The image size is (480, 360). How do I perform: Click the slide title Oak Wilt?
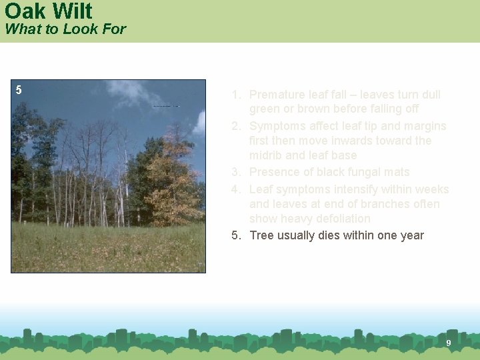coord(48,11)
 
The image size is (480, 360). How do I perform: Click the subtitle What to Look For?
coord(65,29)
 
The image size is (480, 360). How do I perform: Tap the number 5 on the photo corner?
coord(19,90)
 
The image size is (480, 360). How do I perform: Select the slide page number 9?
coord(449,343)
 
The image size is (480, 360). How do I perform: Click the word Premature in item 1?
coord(277,95)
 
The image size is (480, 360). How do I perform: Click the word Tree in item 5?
coord(261,235)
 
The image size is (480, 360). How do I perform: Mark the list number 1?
coord(235,95)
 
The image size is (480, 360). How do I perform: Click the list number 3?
coord(235,172)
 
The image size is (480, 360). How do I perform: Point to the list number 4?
coord(235,189)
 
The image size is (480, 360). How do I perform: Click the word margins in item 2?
coord(425,126)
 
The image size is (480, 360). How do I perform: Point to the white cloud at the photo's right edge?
coord(199,123)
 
